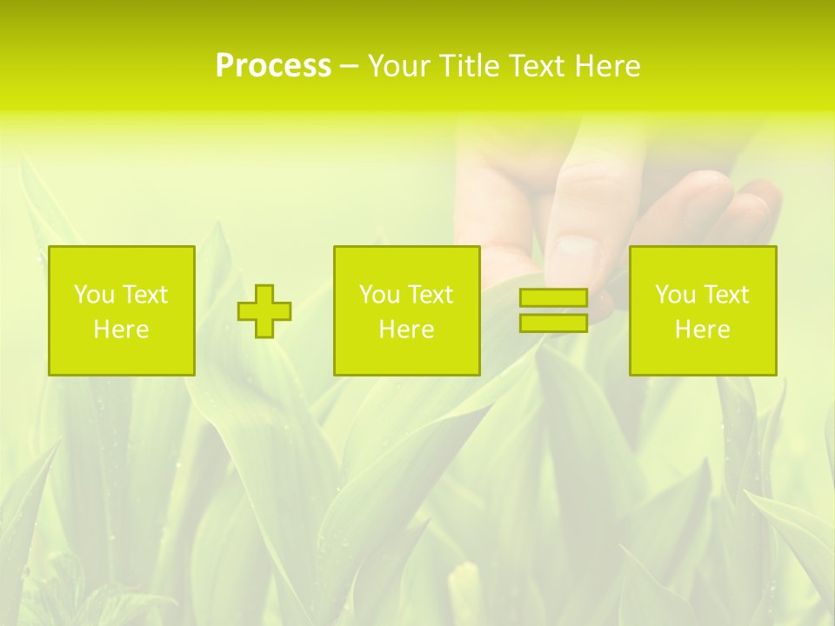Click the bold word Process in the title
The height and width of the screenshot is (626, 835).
coord(273,66)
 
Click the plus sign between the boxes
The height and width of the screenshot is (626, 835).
coord(264,311)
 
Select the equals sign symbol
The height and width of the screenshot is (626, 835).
coord(553,310)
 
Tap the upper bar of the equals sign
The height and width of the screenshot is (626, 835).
coord(553,298)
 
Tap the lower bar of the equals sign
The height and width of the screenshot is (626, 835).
coord(553,323)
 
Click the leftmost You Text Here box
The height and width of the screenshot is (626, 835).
coord(122,310)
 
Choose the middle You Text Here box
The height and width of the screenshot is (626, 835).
coord(406,310)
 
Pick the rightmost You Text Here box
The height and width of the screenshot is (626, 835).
coord(703,310)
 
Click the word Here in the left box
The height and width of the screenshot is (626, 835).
coord(122,330)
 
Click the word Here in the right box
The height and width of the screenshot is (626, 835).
coord(703,330)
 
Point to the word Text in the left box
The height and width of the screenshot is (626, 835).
coord(144,295)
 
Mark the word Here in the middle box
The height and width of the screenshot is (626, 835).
coord(406,330)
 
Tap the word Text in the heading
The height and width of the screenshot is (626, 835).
coord(534,66)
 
